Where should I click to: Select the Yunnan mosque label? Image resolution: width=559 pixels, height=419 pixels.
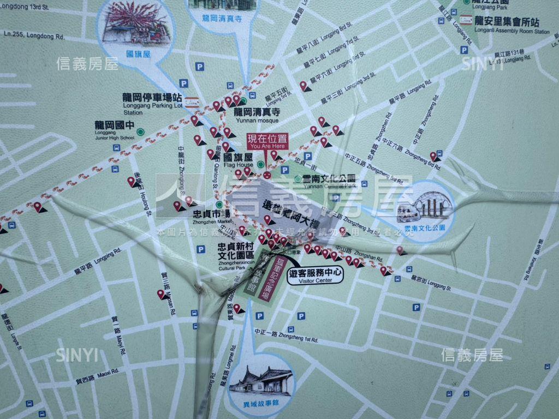[x=256, y=115]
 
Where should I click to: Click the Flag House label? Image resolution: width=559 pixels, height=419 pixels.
[x=238, y=160]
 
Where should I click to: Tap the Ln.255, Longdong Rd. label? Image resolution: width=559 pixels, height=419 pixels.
[x=34, y=36]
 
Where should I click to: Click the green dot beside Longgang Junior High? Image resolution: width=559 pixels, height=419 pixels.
[x=140, y=132]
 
